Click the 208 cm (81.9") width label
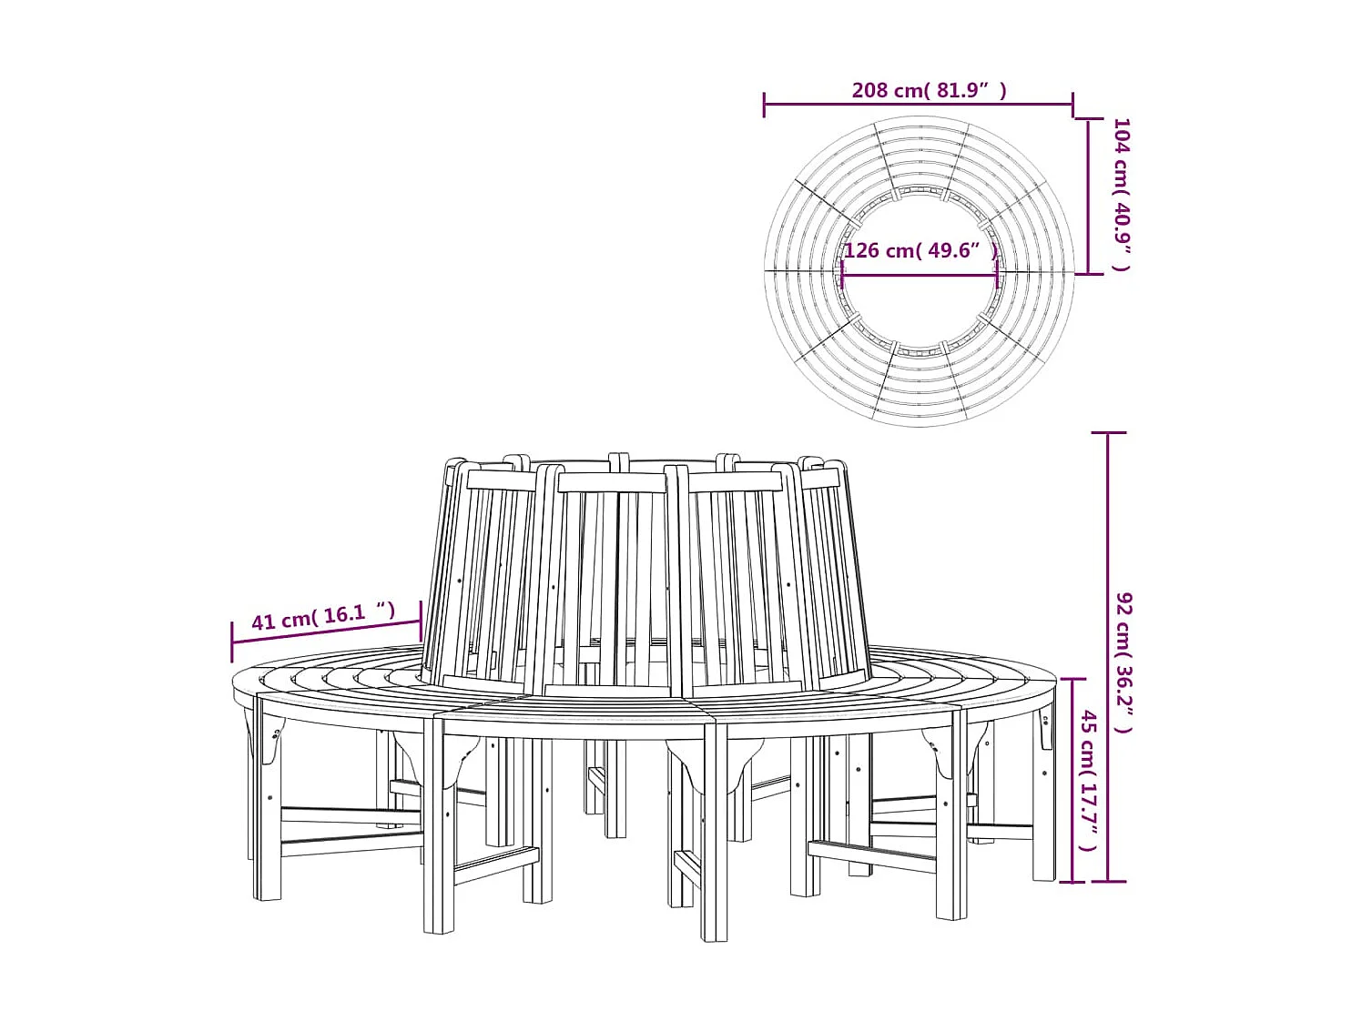coord(929,90)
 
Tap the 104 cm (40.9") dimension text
coord(1122,194)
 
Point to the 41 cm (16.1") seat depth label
coord(323,617)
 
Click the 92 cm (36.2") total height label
coord(1125,662)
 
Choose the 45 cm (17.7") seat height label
coord(1089,781)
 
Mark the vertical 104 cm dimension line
coord(1089,197)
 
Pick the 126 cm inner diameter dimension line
coord(920,275)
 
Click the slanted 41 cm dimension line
coord(326,632)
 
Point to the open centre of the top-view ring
coord(920,300)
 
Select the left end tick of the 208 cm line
coord(765,105)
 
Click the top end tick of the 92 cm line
coord(1108,433)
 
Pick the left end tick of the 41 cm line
coord(232,642)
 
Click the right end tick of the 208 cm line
coord(1073,105)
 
